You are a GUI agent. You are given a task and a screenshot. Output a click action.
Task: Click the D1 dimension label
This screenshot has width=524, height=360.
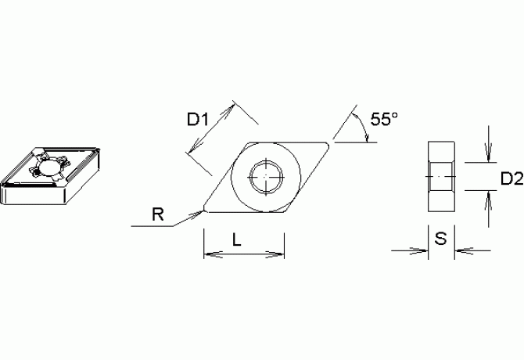coord(197,120)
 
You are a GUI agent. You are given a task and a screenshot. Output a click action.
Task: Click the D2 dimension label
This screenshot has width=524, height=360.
coord(510,179)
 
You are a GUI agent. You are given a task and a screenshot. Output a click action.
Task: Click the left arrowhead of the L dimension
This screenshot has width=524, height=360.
coord(208,254)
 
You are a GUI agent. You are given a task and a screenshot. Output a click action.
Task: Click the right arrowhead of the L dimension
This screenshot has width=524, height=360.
coord(279,254)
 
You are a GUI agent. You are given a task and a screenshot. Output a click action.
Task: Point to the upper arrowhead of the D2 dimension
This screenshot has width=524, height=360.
coord(489,157)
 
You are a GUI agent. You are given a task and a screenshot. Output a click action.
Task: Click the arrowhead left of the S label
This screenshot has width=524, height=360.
coord(423,250)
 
